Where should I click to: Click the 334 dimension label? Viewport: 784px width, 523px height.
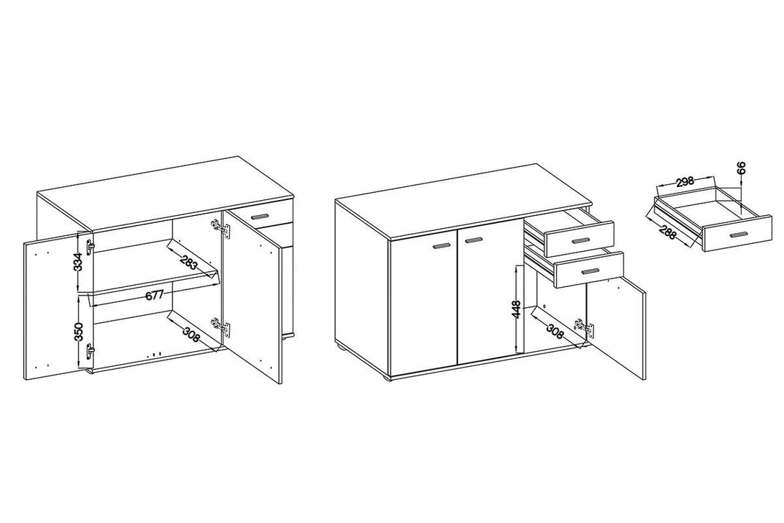(78, 262)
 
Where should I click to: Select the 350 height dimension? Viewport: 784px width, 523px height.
(78, 332)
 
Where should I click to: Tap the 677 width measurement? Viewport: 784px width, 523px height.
(155, 295)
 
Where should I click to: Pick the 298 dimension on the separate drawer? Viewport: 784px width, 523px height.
(685, 181)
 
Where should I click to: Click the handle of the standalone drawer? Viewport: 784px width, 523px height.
(739, 235)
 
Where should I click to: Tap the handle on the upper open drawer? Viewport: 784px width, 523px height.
(580, 241)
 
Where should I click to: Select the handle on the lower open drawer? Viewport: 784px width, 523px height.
(590, 271)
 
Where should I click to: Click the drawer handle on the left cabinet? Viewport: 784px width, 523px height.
(260, 217)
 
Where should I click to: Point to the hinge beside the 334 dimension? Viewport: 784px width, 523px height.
(91, 247)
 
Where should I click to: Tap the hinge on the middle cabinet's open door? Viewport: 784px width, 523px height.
(585, 329)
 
